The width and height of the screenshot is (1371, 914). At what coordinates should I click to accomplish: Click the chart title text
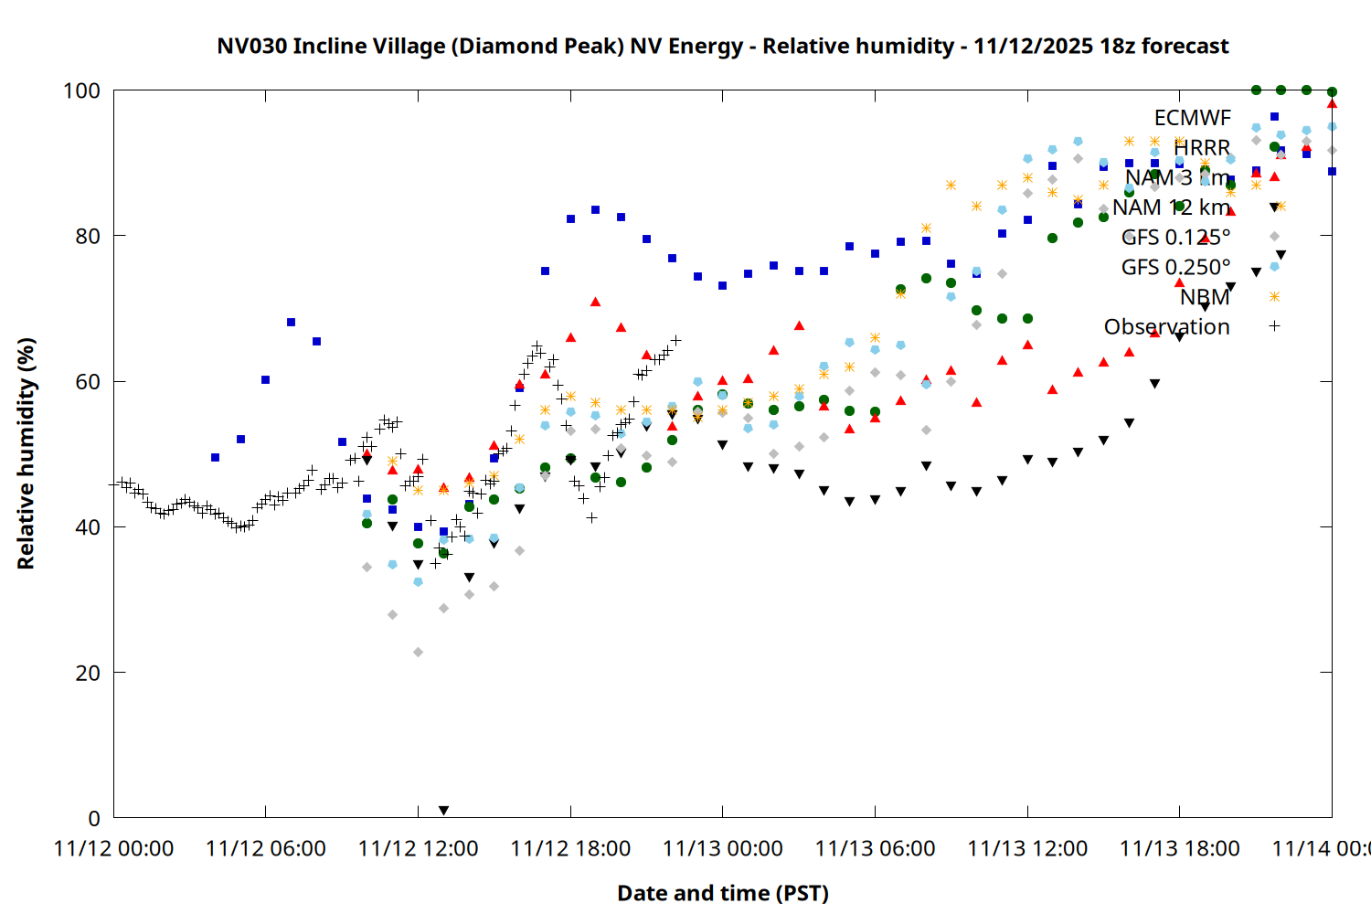point(722,46)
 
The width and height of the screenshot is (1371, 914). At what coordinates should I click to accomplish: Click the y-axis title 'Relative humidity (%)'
point(26,453)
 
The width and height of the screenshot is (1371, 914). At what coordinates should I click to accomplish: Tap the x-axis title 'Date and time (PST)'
point(722,893)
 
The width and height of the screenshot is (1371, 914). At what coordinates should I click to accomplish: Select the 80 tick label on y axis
point(88,236)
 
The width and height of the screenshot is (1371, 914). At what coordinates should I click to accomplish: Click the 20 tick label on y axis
point(88,673)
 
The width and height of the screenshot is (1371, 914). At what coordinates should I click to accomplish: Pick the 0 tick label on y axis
point(93,818)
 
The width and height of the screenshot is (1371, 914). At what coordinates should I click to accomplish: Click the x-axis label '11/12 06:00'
point(265,848)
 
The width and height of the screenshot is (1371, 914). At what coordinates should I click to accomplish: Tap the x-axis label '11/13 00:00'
point(722,848)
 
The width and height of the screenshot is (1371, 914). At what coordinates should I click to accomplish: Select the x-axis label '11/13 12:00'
point(1027,848)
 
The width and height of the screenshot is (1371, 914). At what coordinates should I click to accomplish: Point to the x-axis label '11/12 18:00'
point(570,848)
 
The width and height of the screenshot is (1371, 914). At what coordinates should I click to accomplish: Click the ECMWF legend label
point(1192,118)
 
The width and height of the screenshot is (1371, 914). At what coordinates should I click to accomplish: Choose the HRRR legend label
point(1202,148)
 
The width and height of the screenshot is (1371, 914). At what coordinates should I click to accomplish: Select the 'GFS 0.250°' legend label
point(1175,267)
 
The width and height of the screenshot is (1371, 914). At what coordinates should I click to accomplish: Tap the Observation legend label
point(1166,326)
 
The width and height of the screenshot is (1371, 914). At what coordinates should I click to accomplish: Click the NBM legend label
point(1205,297)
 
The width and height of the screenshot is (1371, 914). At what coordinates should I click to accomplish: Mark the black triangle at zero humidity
point(443,811)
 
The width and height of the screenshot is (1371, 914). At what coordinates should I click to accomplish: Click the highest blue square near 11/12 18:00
point(595,209)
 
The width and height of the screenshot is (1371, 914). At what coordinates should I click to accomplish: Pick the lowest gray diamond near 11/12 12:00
point(418,652)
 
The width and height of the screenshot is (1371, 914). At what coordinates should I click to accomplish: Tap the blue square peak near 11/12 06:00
point(291,322)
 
